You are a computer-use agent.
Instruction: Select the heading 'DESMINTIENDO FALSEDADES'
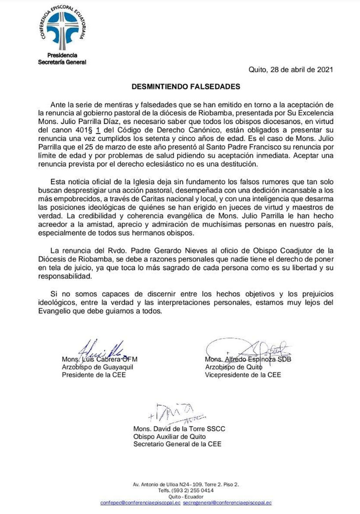point(180,86)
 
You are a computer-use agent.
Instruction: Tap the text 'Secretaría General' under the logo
point(61,62)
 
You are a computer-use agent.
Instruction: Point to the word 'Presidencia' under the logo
point(62,55)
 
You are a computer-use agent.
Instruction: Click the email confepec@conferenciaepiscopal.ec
point(140,502)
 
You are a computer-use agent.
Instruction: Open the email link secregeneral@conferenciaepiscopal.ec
point(227,502)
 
